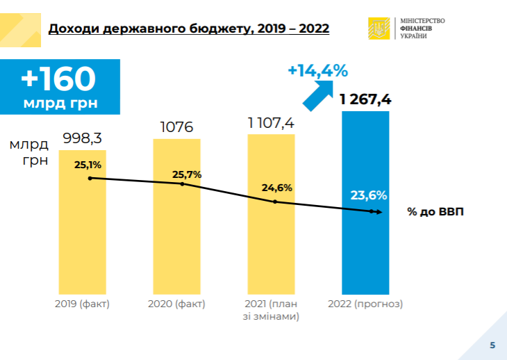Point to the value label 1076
pyautogui.click(x=176, y=128)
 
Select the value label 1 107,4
pyautogui.click(x=271, y=123)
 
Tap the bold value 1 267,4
pyautogui.click(x=365, y=99)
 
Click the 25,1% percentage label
pyautogui.click(x=88, y=165)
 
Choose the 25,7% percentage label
pyautogui.click(x=188, y=174)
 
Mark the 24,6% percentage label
pyautogui.click(x=276, y=188)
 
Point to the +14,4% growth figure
pyautogui.click(x=317, y=70)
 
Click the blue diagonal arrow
pyautogui.click(x=319, y=94)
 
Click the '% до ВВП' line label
pyautogui.click(x=435, y=212)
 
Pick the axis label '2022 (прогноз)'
pyautogui.click(x=365, y=304)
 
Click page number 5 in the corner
pyautogui.click(x=492, y=345)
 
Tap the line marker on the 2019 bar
pyautogui.click(x=90, y=179)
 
